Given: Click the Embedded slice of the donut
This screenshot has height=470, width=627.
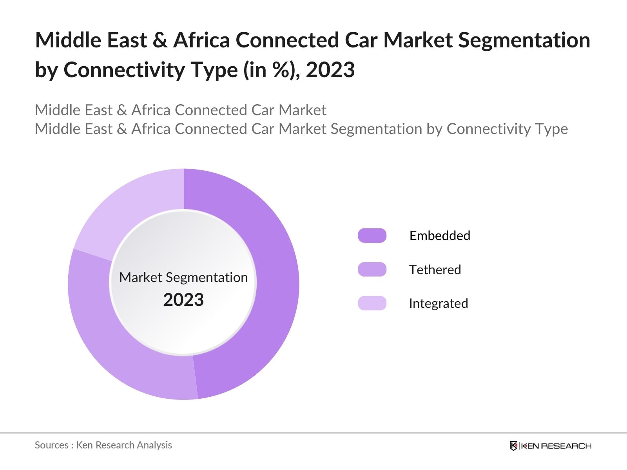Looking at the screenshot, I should pyautogui.click(x=274, y=282).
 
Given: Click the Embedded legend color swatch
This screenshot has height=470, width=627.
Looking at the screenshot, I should pyautogui.click(x=372, y=235).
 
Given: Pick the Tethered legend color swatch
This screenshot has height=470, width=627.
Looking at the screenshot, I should pyautogui.click(x=372, y=269).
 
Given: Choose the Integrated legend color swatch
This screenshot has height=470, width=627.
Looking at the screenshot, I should pyautogui.click(x=372, y=303).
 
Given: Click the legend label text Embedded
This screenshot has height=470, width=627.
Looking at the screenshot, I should pyautogui.click(x=440, y=235).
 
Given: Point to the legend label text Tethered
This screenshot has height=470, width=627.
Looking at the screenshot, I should pyautogui.click(x=435, y=269).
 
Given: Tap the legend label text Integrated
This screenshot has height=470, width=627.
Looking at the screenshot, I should pyautogui.click(x=439, y=303).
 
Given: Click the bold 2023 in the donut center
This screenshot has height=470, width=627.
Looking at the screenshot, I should pyautogui.click(x=183, y=300).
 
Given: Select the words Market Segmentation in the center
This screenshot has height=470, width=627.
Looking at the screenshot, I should pyautogui.click(x=183, y=277).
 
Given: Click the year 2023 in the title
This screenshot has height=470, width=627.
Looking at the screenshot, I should pyautogui.click(x=330, y=70).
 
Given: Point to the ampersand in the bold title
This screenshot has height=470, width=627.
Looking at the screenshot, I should pyautogui.click(x=159, y=40).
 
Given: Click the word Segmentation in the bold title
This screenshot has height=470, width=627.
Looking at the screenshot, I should pyautogui.click(x=524, y=40).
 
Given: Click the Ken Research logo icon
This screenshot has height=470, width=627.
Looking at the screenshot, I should pyautogui.click(x=513, y=446).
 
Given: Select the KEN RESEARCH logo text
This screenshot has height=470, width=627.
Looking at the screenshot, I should pyautogui.click(x=556, y=446).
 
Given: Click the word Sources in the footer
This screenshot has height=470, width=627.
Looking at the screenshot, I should pyautogui.click(x=51, y=445).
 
